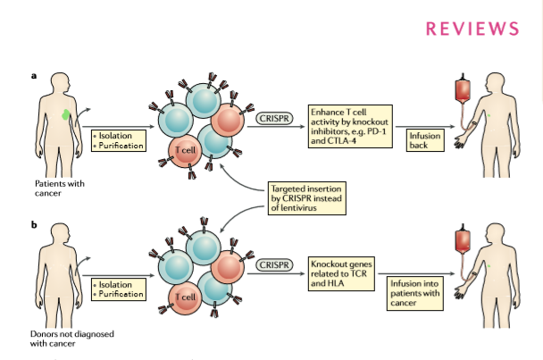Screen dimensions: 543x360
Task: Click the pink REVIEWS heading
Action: pyautogui.click(x=472, y=29)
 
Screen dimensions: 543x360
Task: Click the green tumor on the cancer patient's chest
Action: pyautogui.click(x=65, y=114)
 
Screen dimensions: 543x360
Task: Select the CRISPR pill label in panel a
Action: pyautogui.click(x=274, y=119)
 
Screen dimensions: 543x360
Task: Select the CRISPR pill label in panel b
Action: pyautogui.click(x=274, y=265)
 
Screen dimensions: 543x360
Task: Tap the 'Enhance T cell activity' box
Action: pyautogui.click(x=350, y=127)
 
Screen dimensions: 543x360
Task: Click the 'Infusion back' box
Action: pyautogui.click(x=425, y=140)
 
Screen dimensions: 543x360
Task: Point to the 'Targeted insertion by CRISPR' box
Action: pyautogui.click(x=307, y=198)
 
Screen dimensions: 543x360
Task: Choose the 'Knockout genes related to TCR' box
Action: pyautogui.click(x=341, y=273)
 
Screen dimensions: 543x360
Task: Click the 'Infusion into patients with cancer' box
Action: pyautogui.click(x=415, y=293)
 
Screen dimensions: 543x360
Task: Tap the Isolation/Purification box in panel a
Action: pyautogui.click(x=119, y=140)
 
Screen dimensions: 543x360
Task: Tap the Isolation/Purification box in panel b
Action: pyautogui.click(x=119, y=289)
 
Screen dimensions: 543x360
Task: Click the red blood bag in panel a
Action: pyautogui.click(x=463, y=89)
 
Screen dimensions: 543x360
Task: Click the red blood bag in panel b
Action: pyautogui.click(x=463, y=240)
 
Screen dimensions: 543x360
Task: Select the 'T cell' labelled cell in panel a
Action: pyautogui.click(x=185, y=151)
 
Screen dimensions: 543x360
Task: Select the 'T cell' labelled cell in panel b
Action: pyautogui.click(x=185, y=297)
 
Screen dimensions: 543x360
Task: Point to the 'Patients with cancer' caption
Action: pyautogui.click(x=60, y=188)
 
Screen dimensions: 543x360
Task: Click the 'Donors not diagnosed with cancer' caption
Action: pyautogui.click(x=72, y=339)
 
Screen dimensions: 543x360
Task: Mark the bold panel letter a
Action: pyautogui.click(x=34, y=76)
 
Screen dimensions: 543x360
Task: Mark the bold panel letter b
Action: pyautogui.click(x=34, y=224)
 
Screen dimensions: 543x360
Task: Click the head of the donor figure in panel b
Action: pyautogui.click(x=61, y=234)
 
